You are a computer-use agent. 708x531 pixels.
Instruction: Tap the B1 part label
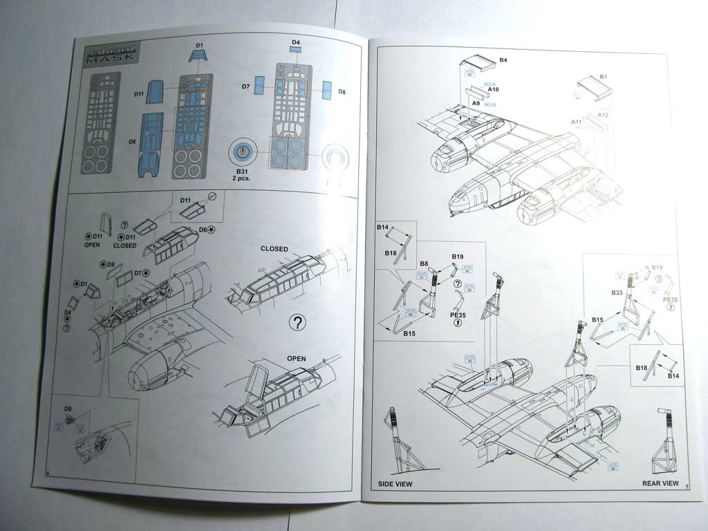[x=603, y=76]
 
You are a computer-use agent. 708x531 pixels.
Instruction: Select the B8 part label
[x=423, y=263]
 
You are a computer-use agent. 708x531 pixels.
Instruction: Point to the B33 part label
[x=617, y=293]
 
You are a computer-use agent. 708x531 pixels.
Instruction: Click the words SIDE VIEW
[x=395, y=484]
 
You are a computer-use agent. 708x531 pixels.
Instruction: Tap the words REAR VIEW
[x=660, y=483]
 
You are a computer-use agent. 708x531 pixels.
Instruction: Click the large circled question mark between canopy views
[x=297, y=322]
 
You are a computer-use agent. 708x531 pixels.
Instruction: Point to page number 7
[x=688, y=487]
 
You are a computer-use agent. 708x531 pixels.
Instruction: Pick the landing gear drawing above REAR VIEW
[x=664, y=442]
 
